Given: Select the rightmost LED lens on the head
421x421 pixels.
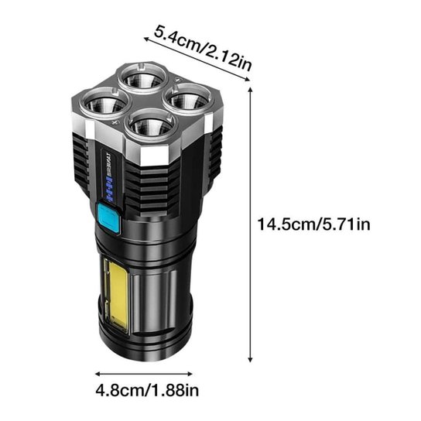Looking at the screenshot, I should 183,99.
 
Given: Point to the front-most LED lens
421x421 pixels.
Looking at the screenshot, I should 148,124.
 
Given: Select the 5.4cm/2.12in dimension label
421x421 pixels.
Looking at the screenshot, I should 203,48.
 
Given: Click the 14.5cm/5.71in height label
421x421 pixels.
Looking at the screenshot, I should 315,224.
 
